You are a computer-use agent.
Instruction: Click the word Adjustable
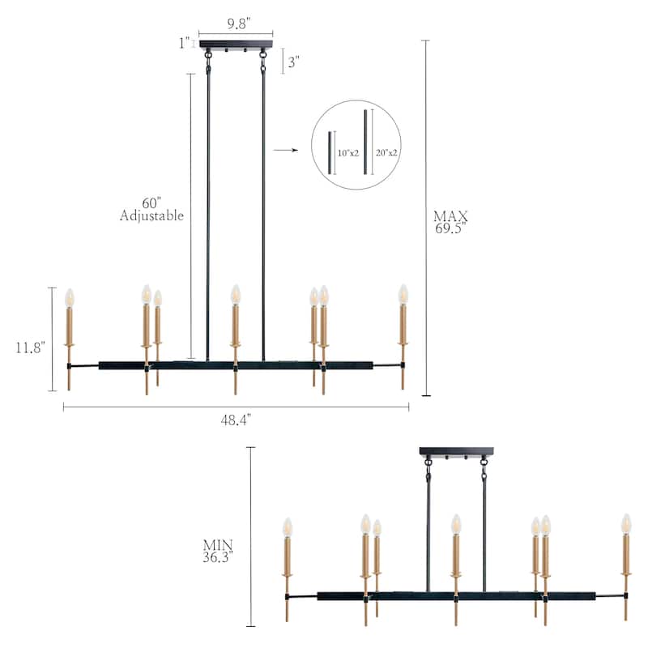point(151,215)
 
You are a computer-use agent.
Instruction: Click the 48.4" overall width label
point(236,419)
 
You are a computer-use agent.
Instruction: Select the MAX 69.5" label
point(451,222)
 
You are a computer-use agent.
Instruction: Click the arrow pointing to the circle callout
point(283,150)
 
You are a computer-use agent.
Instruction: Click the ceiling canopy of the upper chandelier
point(236,44)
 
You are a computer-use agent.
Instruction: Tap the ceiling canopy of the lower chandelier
point(456,450)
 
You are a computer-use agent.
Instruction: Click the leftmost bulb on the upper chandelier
point(69,297)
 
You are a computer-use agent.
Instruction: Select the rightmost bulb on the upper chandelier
point(403,294)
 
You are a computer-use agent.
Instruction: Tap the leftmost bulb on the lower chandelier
point(287,527)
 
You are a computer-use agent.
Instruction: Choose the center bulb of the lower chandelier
point(456,524)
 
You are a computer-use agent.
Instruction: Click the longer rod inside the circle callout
point(366,141)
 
